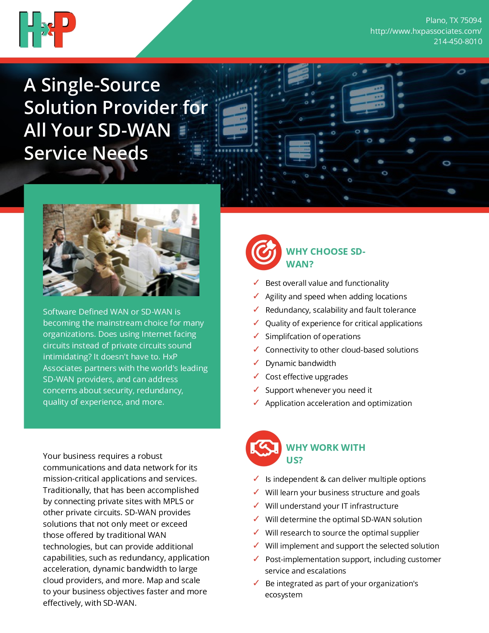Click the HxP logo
tap(48, 30)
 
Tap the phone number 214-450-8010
tap(458, 42)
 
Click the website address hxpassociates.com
tap(425, 31)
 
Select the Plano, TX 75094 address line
tap(453, 20)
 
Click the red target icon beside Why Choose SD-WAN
tap(263, 252)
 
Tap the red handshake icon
tap(263, 448)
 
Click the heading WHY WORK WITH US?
tap(325, 453)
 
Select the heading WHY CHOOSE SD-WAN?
tap(325, 258)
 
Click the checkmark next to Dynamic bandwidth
tap(256, 363)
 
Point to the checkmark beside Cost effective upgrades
tap(256, 376)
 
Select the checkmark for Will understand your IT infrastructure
tap(256, 505)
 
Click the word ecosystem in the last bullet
tap(284, 595)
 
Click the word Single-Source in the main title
tap(100, 85)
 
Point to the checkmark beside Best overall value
tap(256, 283)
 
